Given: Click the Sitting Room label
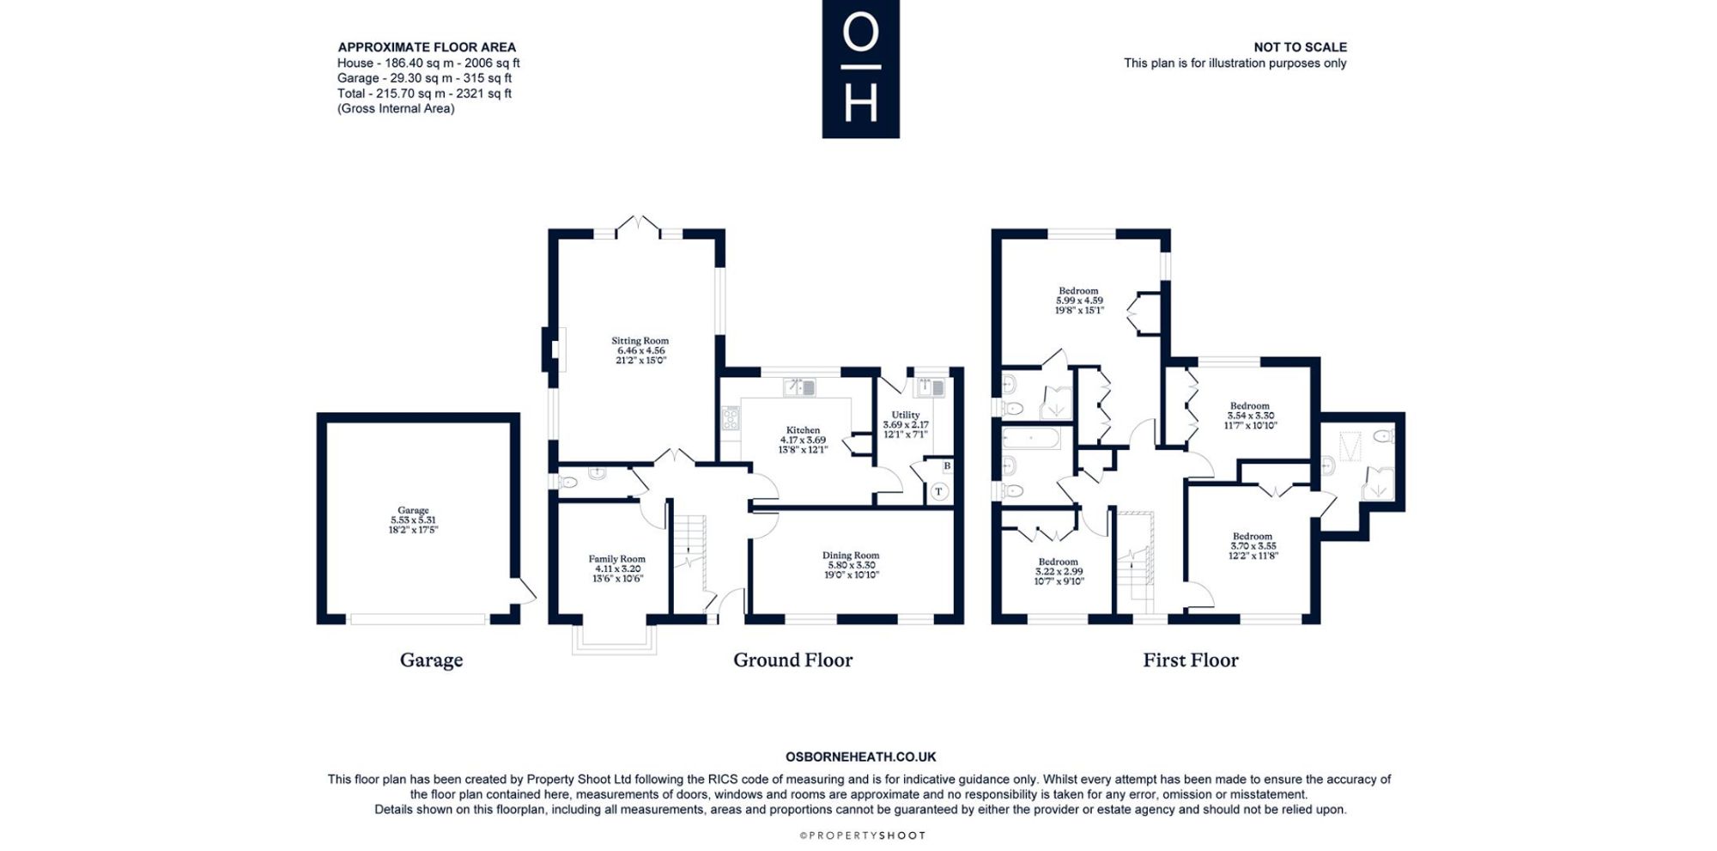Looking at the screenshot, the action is click(640, 341).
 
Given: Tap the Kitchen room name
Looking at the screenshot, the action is click(804, 430).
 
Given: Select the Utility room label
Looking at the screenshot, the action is click(906, 415).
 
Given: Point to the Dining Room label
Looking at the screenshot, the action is click(851, 556).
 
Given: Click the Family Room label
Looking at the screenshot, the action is click(617, 559).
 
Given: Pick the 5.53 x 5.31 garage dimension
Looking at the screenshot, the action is click(413, 520).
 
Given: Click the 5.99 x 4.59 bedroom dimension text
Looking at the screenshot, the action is click(1079, 301).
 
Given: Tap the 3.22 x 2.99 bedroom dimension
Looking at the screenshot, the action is click(1059, 572).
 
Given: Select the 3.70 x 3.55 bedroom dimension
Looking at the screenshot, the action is click(1253, 546).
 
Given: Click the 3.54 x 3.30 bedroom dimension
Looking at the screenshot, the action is click(1251, 416).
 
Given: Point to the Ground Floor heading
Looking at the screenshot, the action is click(792, 660).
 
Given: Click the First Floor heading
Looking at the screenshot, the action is click(1191, 660).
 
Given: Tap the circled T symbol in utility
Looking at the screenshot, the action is click(939, 492).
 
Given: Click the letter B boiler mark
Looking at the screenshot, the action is click(947, 466).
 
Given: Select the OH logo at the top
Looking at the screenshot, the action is click(861, 69).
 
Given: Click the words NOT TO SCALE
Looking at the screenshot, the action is click(1300, 47).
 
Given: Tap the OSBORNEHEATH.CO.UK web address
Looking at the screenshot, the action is click(861, 757).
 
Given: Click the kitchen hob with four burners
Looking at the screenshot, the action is click(731, 418).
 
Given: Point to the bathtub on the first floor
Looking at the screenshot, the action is click(1032, 440).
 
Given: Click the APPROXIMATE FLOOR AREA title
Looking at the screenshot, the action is click(427, 47).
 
